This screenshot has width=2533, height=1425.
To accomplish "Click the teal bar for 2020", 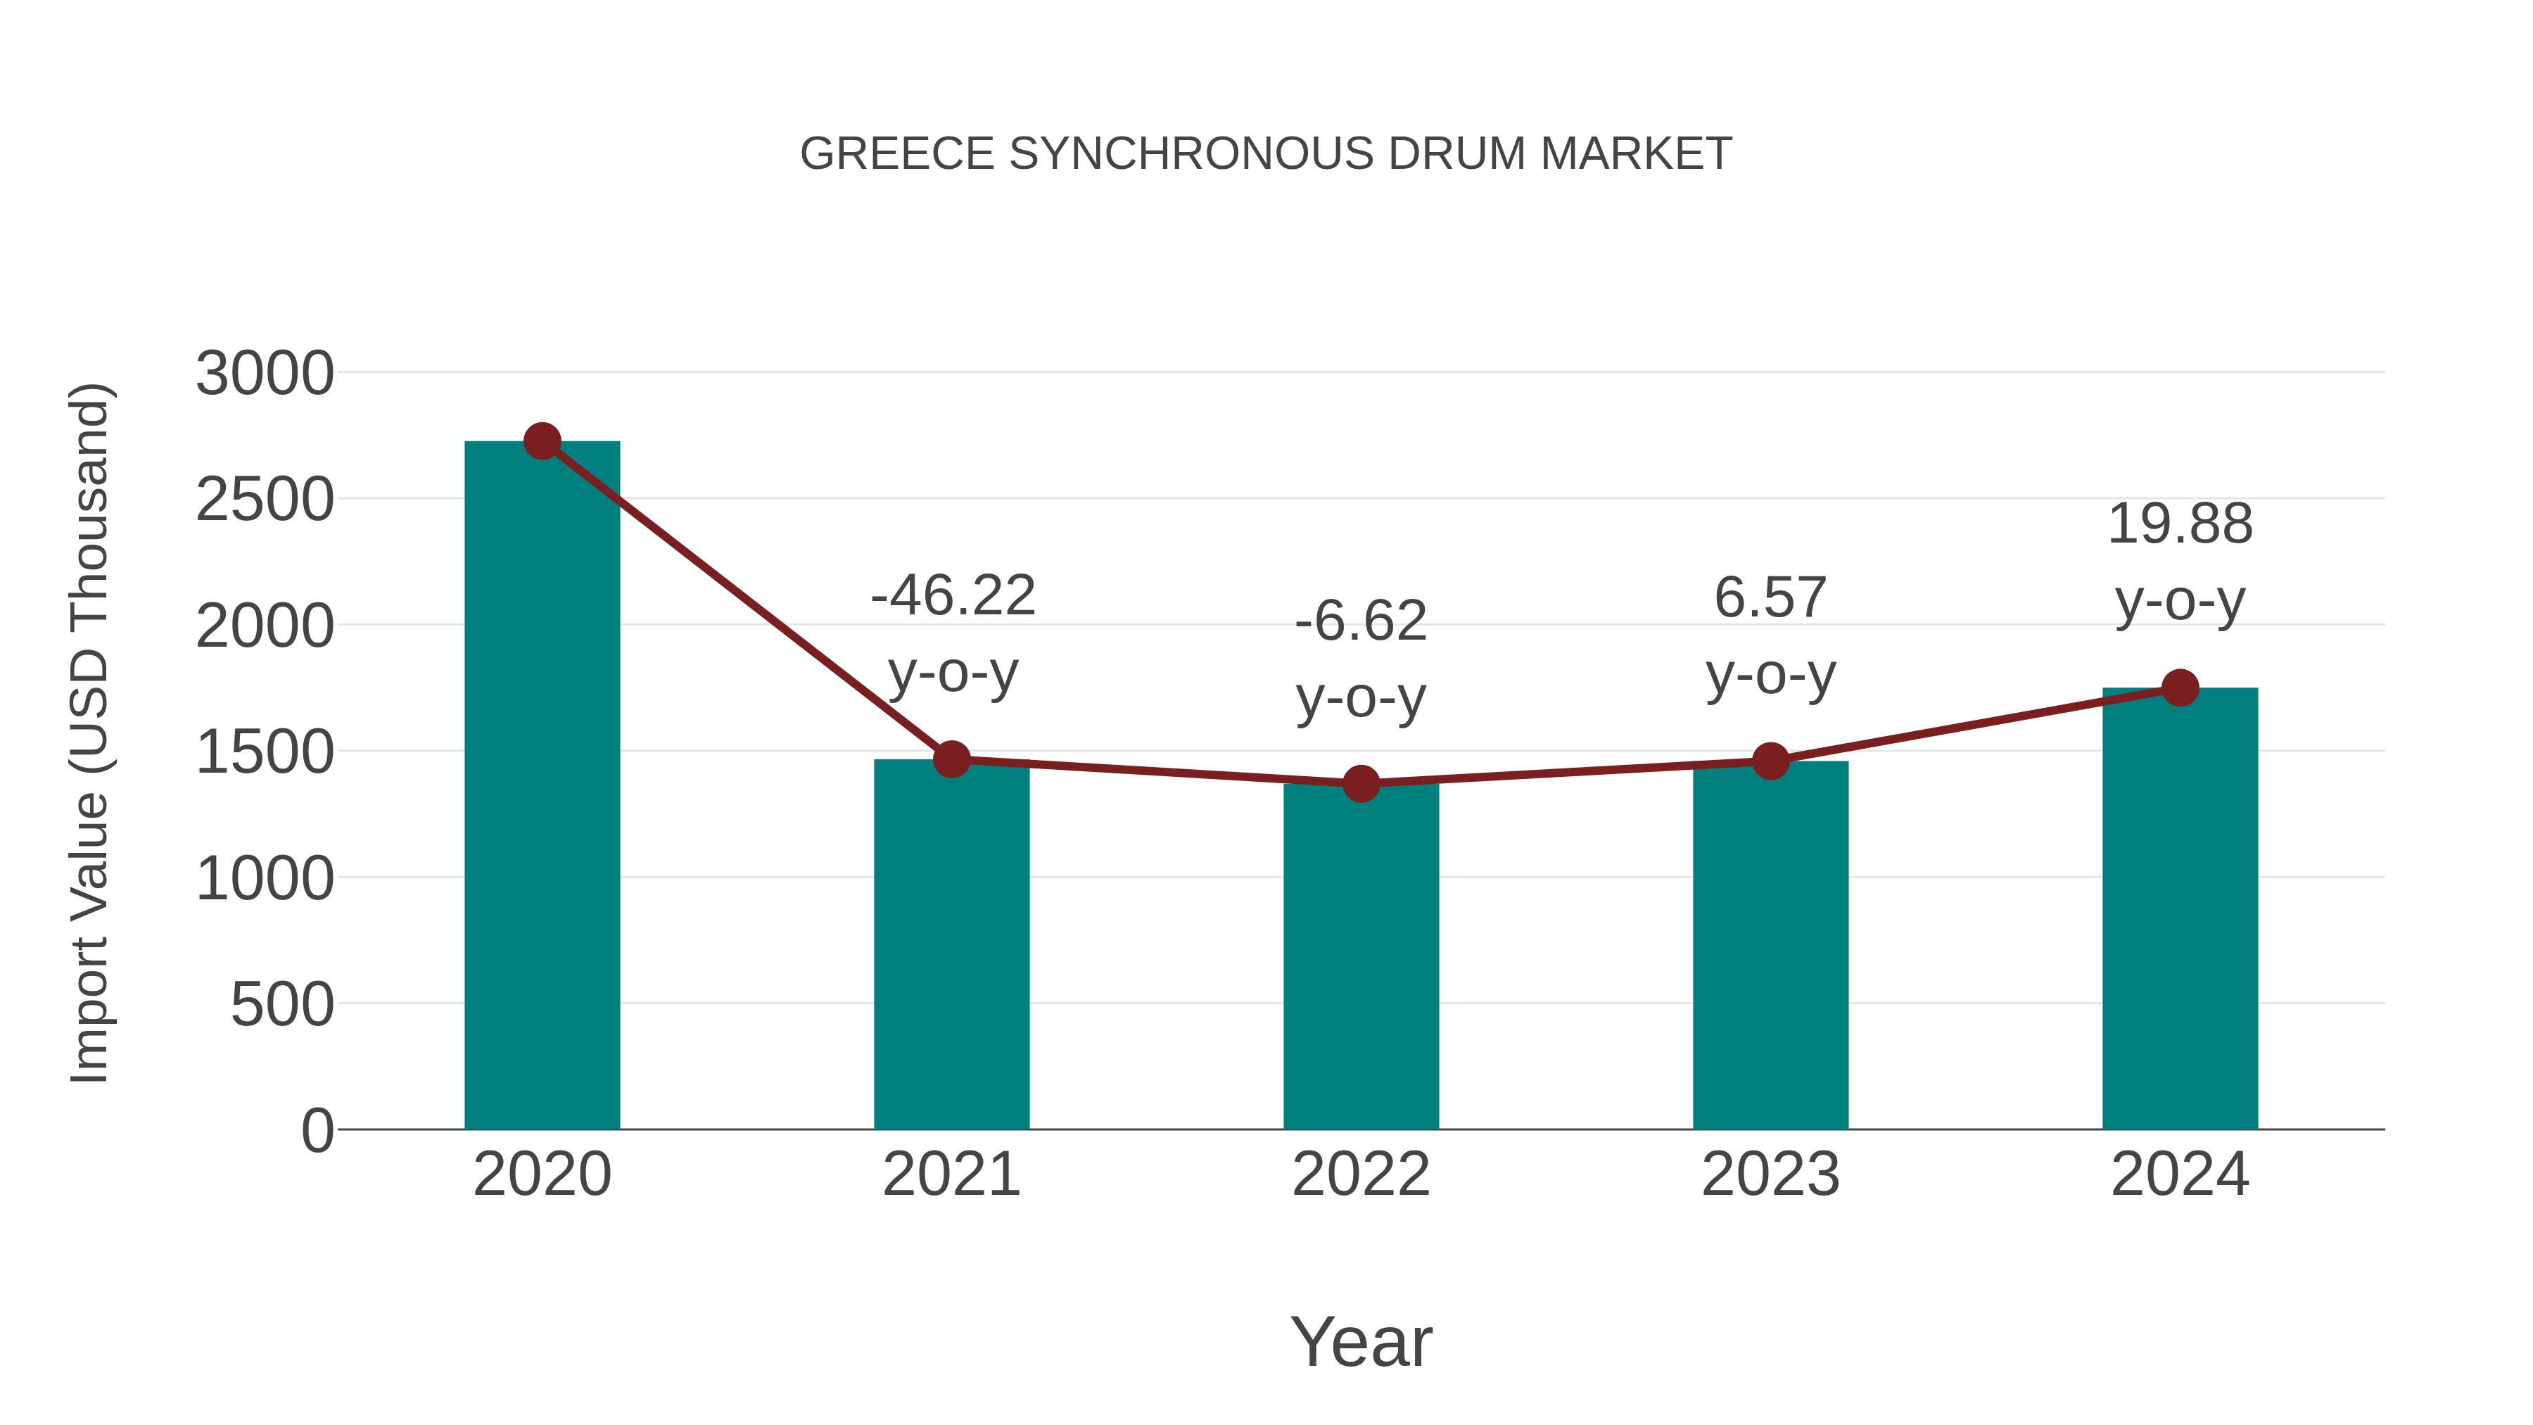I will click(x=542, y=787).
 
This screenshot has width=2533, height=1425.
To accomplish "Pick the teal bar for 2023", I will click(x=1770, y=945).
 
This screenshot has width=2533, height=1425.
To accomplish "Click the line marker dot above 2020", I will click(x=542, y=441).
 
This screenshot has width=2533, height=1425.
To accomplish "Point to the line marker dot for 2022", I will click(x=1361, y=784).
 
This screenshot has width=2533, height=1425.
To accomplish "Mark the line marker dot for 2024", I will click(x=2180, y=688).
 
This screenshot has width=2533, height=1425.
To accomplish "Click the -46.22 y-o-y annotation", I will click(x=953, y=633).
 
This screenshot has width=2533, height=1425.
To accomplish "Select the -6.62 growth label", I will click(x=1361, y=659).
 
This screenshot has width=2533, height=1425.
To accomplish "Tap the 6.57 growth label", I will click(x=1770, y=635).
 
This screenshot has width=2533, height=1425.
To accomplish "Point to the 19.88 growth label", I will click(x=2180, y=562).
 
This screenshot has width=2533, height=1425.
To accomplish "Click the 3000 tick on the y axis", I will click(x=265, y=374).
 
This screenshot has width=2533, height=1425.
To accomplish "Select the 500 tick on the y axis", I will click(x=281, y=1004).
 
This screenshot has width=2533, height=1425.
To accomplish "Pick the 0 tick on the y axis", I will click(x=317, y=1130).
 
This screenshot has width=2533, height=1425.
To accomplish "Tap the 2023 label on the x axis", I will click(x=1770, y=1174).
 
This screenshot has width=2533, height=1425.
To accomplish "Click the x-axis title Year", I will click(x=1361, y=1341).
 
